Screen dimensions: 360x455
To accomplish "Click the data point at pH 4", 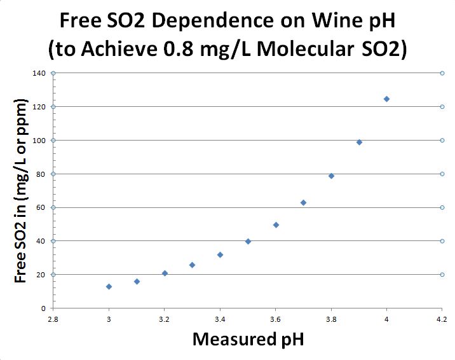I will (386, 99).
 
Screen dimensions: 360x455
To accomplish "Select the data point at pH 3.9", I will (359, 142).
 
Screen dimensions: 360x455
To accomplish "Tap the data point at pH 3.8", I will (331, 176).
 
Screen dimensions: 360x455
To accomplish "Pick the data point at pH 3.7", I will (303, 202).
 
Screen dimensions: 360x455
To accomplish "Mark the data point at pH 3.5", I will (248, 241).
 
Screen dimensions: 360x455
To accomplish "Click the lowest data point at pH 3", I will (109, 286).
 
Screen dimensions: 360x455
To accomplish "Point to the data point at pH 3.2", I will (165, 273).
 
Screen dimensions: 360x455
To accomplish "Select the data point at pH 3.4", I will (220, 254).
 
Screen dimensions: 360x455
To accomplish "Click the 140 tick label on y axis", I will (40, 73).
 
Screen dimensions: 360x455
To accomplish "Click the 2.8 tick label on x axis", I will (53, 318).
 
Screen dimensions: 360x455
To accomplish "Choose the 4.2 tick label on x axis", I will (442, 318).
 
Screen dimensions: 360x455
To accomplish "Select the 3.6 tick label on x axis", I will (275, 318).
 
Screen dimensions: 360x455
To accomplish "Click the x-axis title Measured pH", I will (248, 338).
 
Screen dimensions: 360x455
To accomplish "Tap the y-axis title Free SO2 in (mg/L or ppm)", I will (21, 191).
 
